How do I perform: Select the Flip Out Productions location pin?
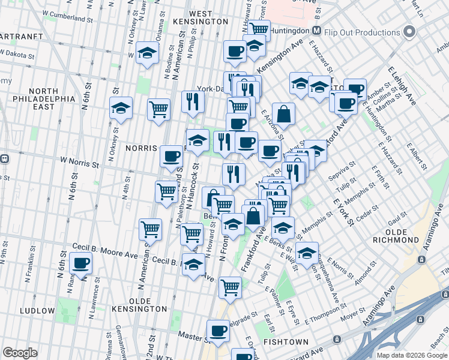coord(411,31)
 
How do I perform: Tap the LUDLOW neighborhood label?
coord(37,311)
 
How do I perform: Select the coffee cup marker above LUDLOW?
coord(80,263)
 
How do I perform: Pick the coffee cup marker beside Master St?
coord(218,331)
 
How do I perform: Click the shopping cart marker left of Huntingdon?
coord(259,29)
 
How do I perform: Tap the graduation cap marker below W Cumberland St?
coord(146,53)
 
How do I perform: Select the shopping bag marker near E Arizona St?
coord(283,113)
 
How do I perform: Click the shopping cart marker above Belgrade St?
coord(230,287)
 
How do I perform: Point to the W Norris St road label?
coord(79,163)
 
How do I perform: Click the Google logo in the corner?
coord(20,353)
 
